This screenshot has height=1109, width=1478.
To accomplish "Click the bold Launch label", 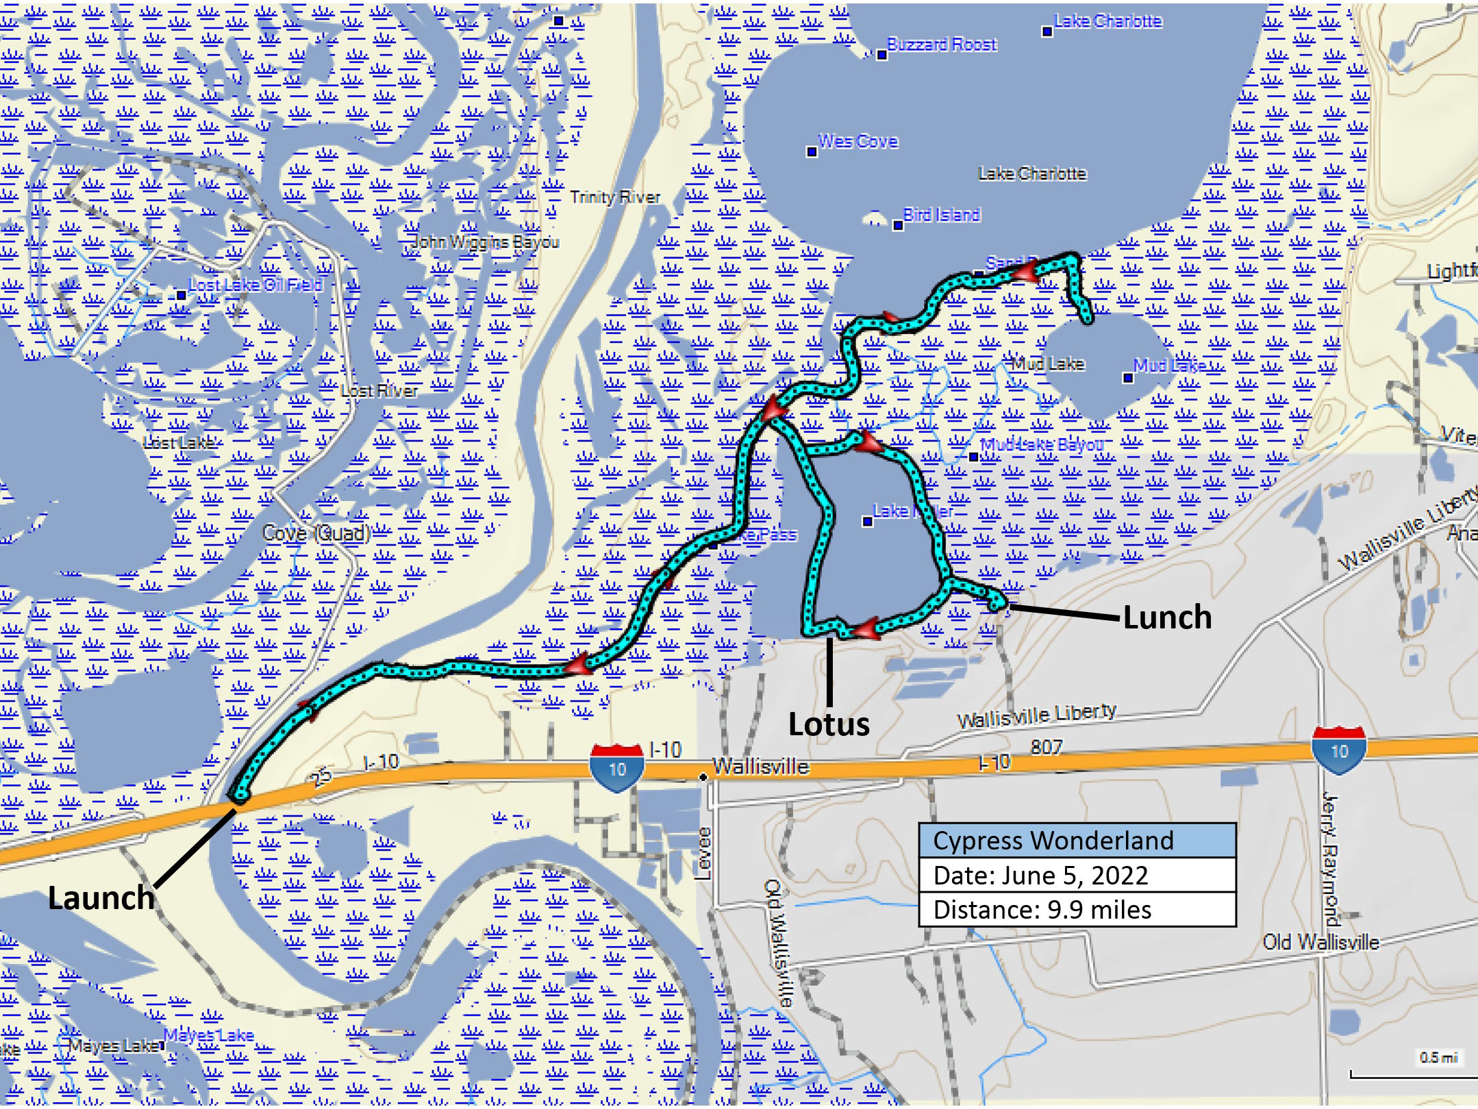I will pos(101,897).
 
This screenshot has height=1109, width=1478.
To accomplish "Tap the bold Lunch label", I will pos(1167,617).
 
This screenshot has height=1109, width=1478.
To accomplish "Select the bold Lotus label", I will pos(829,724).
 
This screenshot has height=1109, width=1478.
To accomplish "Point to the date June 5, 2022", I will pos(1040,875).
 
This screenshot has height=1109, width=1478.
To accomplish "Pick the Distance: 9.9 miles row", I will pos(1042,910).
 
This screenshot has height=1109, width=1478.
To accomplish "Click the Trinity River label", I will pos(615,197).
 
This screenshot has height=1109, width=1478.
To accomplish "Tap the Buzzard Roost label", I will pos(942,44).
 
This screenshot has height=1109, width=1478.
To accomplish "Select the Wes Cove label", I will pos(858,141).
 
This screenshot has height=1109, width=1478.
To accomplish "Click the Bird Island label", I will pos(942,215).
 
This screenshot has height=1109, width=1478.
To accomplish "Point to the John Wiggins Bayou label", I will pos(485,242).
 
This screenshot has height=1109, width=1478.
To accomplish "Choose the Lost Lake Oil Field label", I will pos(255,285).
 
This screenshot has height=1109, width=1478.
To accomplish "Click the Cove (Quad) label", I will pos(316,533).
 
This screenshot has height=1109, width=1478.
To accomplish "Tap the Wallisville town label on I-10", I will pos(760,767).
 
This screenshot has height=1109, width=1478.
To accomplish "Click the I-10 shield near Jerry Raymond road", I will pos(1339,751).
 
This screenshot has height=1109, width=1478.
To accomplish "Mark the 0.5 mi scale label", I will pos(1438,1058).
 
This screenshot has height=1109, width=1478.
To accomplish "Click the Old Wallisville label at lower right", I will pos(1320,943).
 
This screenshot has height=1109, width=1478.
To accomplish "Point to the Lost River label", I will pos(379,391).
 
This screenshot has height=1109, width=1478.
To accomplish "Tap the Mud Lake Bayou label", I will pos(1042,445).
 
